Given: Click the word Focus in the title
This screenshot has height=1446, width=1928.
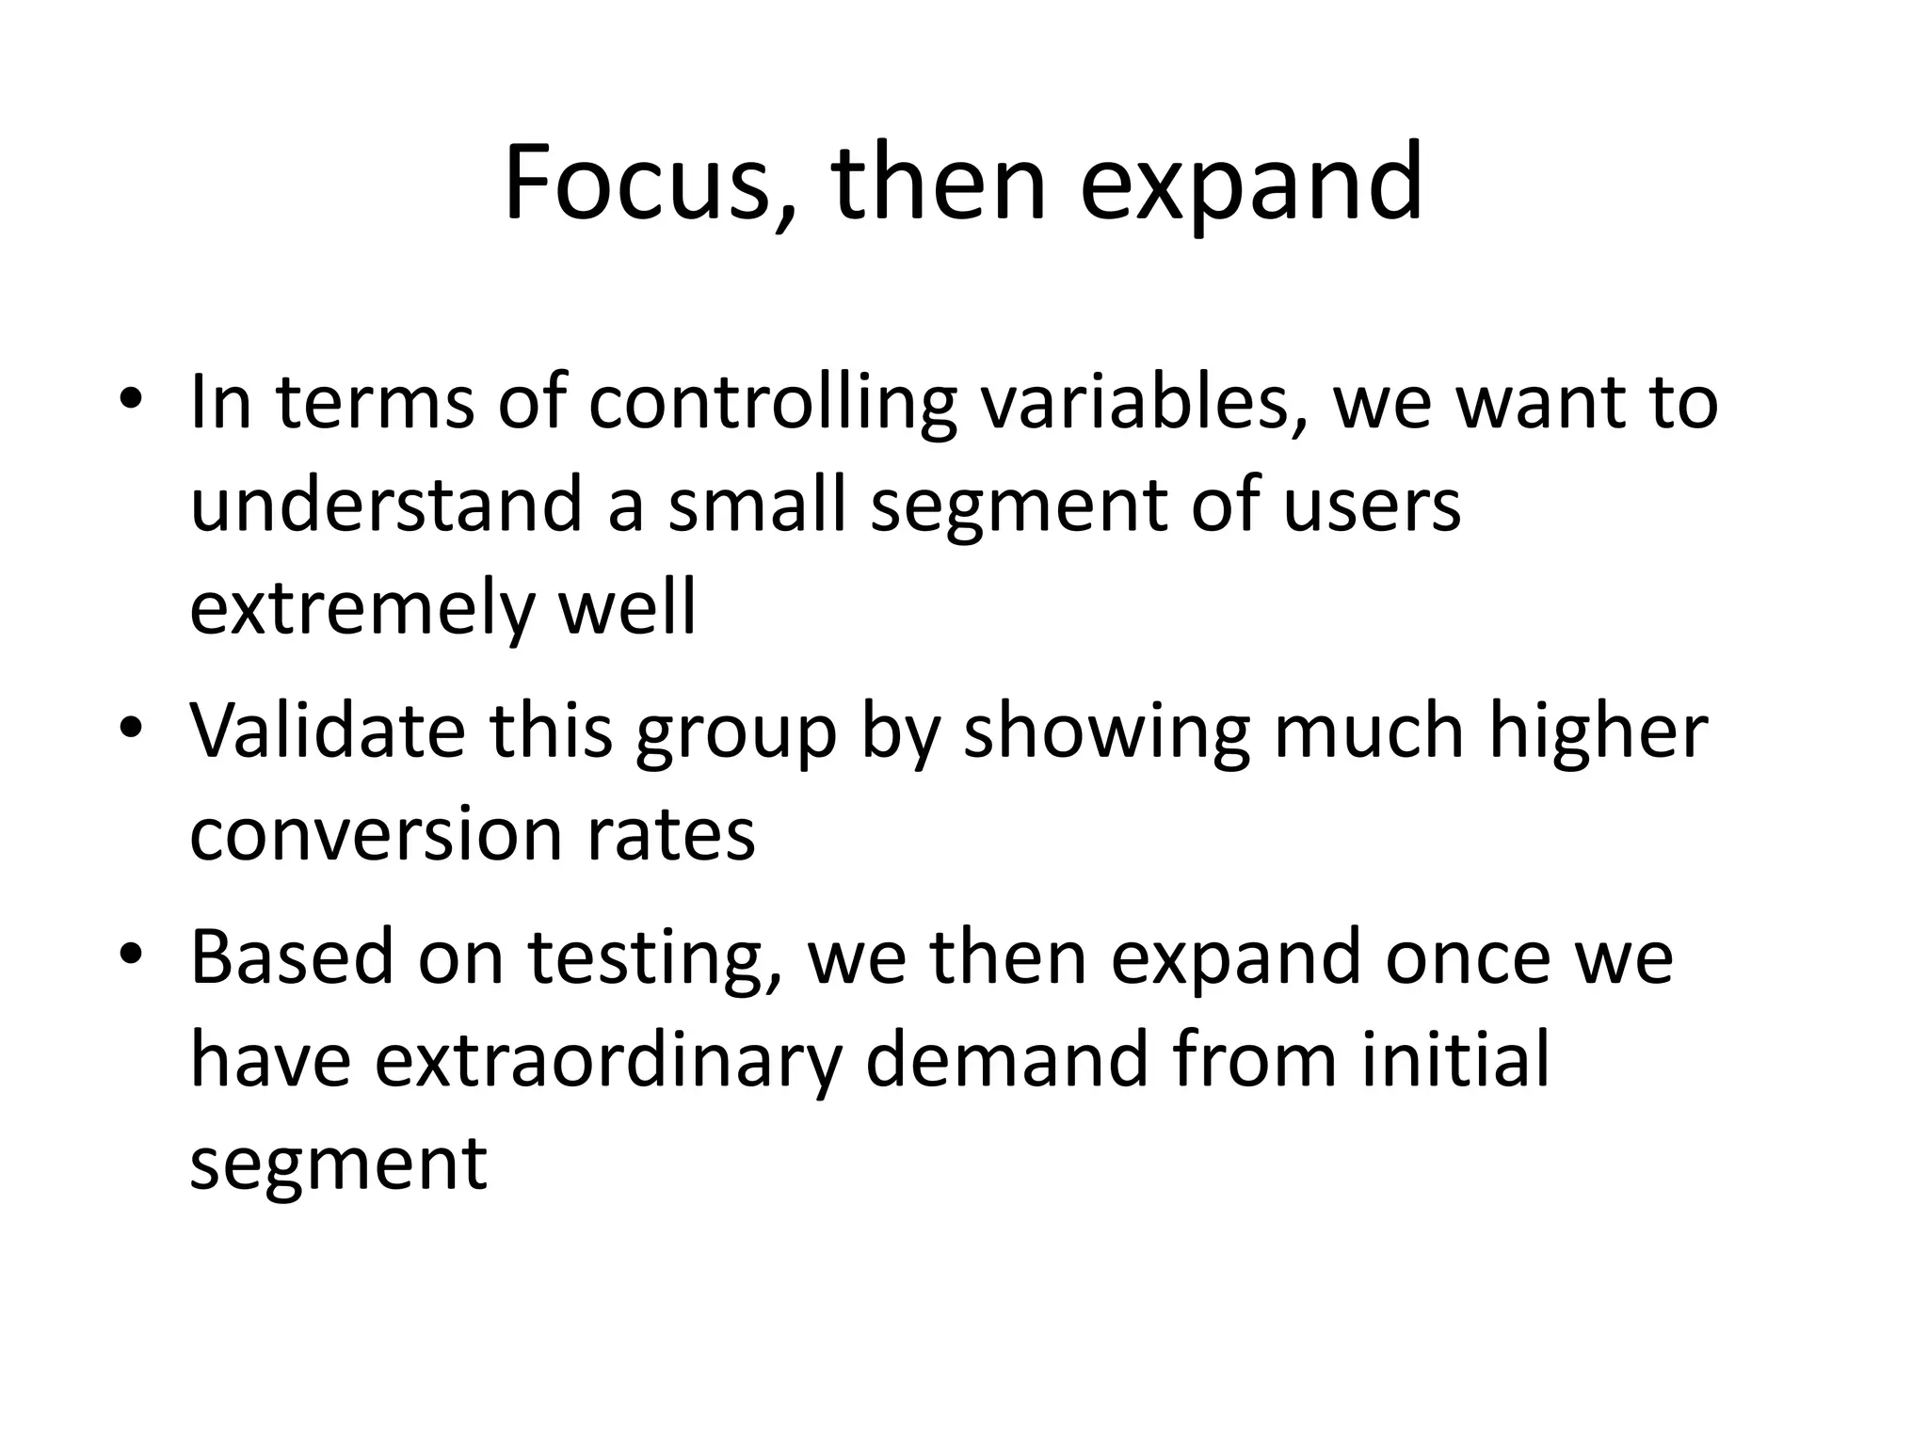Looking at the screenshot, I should [x=636, y=183].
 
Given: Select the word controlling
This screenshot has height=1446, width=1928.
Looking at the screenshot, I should [x=772, y=403].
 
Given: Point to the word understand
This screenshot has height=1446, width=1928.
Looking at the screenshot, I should [x=386, y=505].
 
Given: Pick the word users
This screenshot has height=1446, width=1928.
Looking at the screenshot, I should [x=1371, y=505].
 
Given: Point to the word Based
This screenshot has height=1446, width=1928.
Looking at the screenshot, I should [x=292, y=956].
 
